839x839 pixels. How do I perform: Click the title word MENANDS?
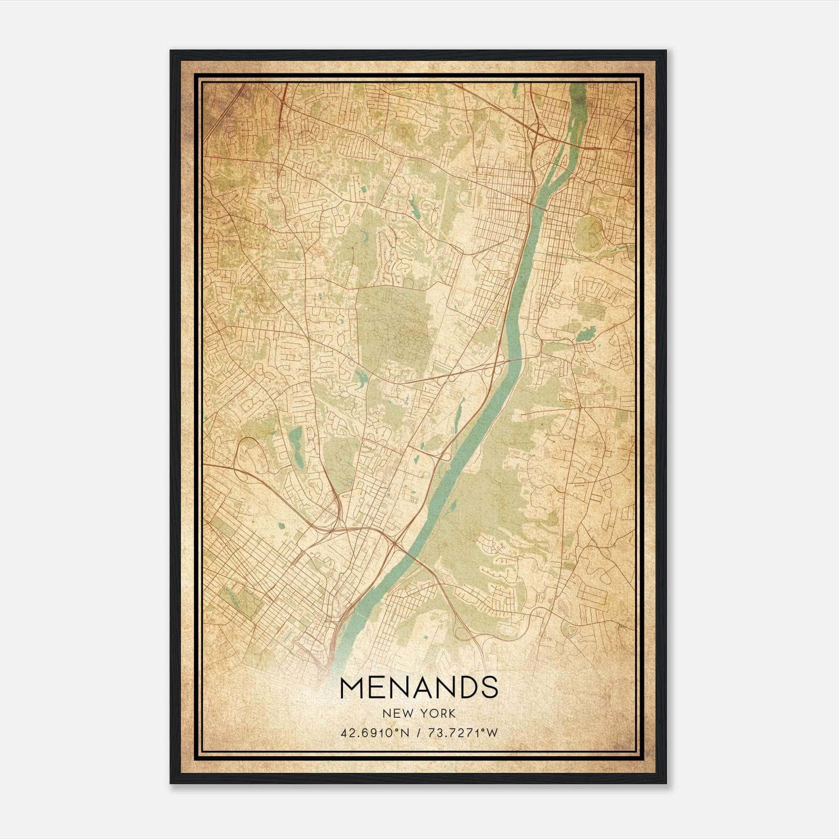[419, 687]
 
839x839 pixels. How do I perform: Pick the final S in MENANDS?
[489, 687]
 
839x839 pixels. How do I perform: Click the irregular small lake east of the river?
[585, 334]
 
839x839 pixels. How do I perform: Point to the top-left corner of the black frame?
[171, 51]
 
